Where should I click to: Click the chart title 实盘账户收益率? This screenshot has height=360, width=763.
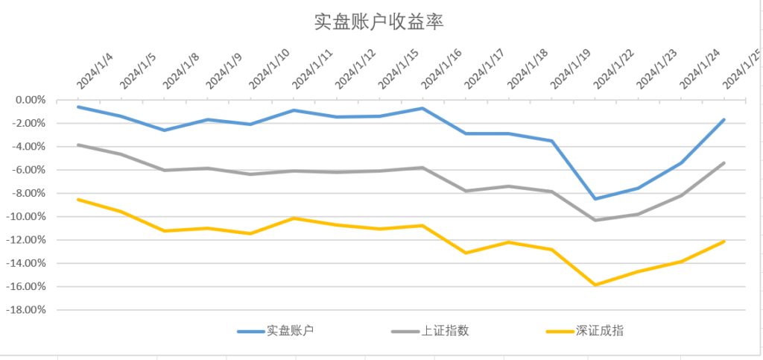pos(379,22)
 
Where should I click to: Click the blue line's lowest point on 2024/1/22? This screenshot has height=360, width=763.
pos(595,198)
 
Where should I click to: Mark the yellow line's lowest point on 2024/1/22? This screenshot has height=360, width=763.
pos(595,285)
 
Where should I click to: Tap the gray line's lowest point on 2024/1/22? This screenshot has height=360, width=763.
pos(595,220)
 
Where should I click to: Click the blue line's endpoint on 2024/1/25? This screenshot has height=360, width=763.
pos(724,119)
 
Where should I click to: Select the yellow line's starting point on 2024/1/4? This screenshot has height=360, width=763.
pos(78,199)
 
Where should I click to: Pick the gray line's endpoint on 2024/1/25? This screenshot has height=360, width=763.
pos(724,162)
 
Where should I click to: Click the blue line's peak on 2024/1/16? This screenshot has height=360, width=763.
pos(422,108)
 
